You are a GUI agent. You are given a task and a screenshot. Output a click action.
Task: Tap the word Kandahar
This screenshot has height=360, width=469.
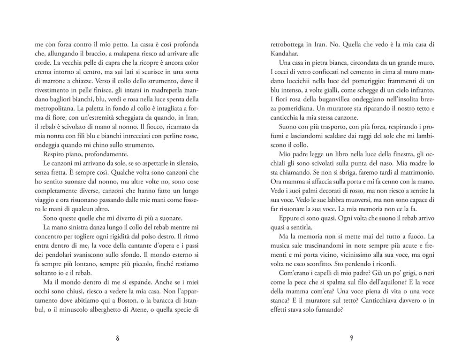pyautogui.click(x=285, y=54)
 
